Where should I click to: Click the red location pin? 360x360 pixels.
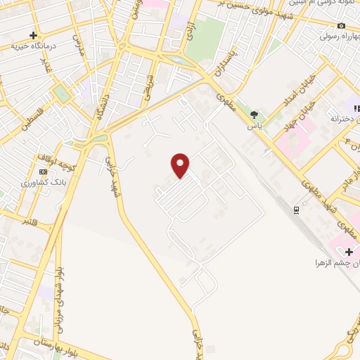point(181,165)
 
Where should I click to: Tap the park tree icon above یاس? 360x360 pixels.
point(254,115)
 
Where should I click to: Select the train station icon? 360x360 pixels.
point(296,209)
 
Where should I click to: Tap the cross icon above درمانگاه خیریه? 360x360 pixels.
point(33,34)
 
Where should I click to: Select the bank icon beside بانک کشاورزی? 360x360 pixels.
point(44,172)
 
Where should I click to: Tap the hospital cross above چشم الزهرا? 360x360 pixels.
point(349,251)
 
